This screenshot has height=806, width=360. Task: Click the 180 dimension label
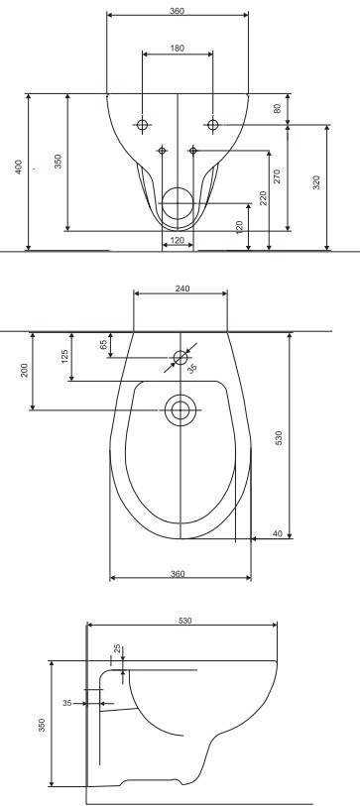point(177,49)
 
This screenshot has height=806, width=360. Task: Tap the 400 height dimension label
point(19,168)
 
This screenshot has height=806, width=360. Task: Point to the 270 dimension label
point(278,176)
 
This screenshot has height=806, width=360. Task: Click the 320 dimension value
point(316,183)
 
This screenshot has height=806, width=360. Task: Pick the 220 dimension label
point(264,198)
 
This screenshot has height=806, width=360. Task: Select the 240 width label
point(182,288)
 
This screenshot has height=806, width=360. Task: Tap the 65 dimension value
point(103,345)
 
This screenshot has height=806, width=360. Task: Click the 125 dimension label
point(64,356)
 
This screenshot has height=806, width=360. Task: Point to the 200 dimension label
point(25,370)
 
